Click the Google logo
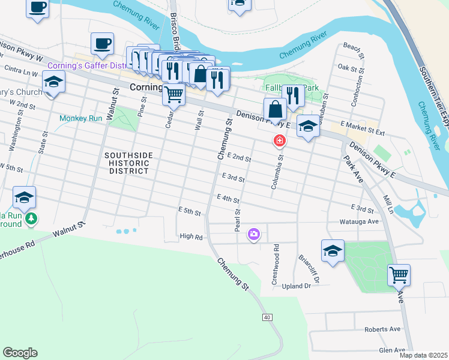[x=20, y=353]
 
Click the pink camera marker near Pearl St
[x=254, y=234]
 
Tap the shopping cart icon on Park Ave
[x=399, y=275]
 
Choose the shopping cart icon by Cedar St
[x=173, y=93]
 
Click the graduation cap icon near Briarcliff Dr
[x=332, y=250]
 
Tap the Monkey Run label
[x=81, y=118]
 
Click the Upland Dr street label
[x=296, y=286]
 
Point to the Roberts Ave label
[x=382, y=329]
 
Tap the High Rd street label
[x=191, y=237]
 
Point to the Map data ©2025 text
[x=423, y=355]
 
